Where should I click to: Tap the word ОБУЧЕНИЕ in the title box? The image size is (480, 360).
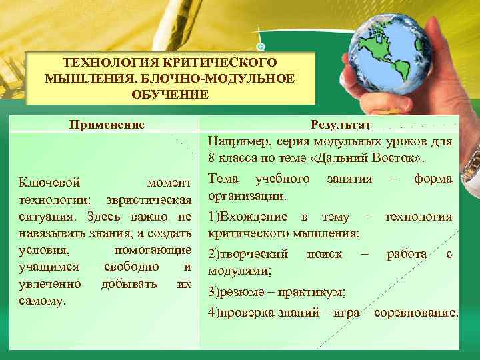coord(170,94)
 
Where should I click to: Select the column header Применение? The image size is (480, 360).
coord(107,124)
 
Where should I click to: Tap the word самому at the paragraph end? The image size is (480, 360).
coord(43,301)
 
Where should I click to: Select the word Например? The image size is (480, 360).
coord(235,141)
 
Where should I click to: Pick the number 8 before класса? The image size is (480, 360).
coord(211,159)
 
